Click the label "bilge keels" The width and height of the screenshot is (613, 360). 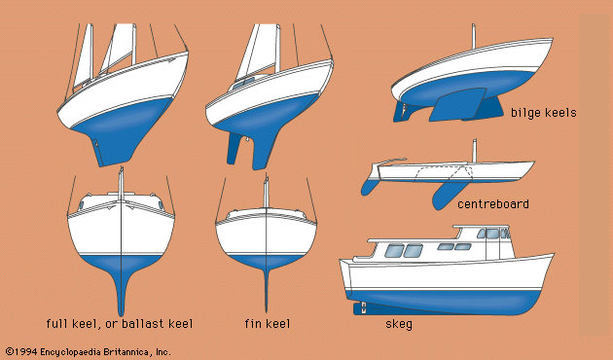543,113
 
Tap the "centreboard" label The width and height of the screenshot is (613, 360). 493,203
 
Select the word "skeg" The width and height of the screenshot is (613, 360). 399,324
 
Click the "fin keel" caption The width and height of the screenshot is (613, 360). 268,324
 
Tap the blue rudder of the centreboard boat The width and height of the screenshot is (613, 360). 370,186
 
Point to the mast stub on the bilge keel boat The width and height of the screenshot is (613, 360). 474,36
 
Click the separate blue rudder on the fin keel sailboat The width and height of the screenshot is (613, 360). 234,148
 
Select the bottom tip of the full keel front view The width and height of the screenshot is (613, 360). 122,315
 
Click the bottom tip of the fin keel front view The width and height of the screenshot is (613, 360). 267,311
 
